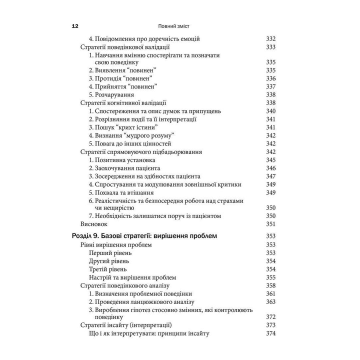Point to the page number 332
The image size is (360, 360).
click(271, 39)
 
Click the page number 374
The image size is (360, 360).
click(271, 333)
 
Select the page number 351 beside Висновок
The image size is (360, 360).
click(271, 224)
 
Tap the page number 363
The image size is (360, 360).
click(271, 301)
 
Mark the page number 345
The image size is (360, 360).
click(271, 160)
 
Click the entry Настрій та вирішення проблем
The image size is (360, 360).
click(132, 277)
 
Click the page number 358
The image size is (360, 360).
click(271, 285)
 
